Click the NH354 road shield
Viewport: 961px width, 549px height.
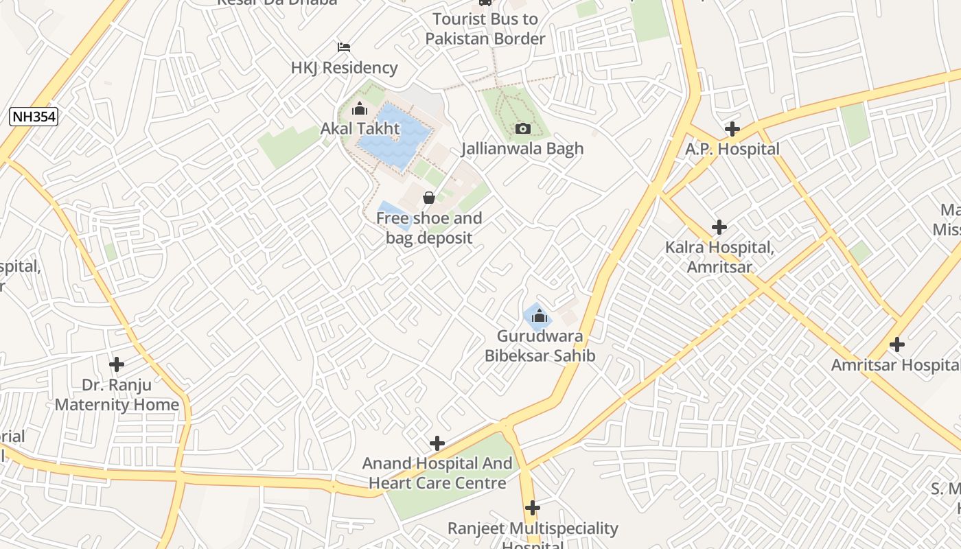click(34, 117)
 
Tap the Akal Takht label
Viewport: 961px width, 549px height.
click(360, 128)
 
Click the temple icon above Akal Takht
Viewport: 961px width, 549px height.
click(359, 108)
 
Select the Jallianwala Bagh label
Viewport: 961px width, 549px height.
click(522, 148)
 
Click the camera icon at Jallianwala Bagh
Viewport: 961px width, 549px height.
click(522, 128)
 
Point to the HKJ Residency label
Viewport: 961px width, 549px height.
click(344, 67)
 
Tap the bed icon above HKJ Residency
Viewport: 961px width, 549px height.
click(344, 47)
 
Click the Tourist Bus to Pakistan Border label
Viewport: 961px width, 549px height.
click(485, 29)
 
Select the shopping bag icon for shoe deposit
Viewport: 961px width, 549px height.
click(429, 198)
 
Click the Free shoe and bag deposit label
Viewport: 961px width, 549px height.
click(429, 228)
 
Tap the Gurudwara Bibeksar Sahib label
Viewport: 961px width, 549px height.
click(540, 346)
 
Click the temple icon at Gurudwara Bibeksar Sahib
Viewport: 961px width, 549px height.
click(540, 316)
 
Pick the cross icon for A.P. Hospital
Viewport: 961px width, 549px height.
click(732, 129)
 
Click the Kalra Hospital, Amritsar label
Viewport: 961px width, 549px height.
click(719, 257)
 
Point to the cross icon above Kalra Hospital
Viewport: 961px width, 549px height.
click(719, 227)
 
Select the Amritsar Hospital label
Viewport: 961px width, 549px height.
click(895, 364)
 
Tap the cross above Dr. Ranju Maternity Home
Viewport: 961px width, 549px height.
click(117, 364)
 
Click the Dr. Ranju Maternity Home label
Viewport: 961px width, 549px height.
click(117, 395)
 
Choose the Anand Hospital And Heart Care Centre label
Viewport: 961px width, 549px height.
click(437, 473)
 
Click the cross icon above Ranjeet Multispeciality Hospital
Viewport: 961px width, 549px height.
click(533, 509)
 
